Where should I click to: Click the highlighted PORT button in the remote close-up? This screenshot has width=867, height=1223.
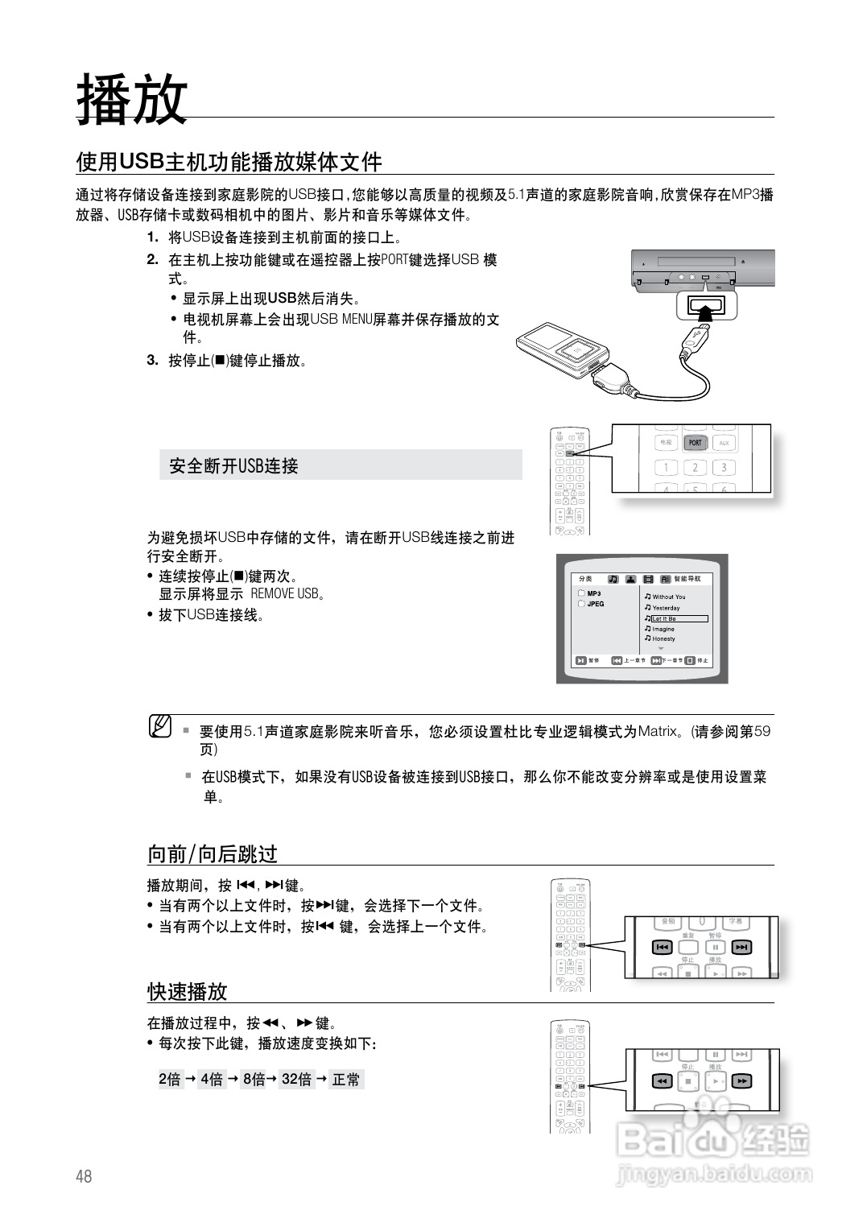pyautogui.click(x=695, y=443)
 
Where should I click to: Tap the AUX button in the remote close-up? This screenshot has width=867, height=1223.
pyautogui.click(x=724, y=443)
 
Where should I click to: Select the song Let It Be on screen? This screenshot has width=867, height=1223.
pyautogui.click(x=679, y=618)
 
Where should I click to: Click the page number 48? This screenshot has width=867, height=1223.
pyautogui.click(x=84, y=1176)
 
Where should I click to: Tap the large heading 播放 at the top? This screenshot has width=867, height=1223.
pyautogui.click(x=132, y=99)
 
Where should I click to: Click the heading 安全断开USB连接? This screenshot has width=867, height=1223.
pyautogui.click(x=233, y=466)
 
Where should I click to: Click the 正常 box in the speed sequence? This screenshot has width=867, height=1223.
pyautogui.click(x=346, y=1080)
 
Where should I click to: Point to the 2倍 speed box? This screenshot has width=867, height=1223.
pyautogui.click(x=170, y=1080)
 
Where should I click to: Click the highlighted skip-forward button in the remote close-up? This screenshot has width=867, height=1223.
pyautogui.click(x=741, y=948)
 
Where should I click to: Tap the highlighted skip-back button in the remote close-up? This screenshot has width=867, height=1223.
pyautogui.click(x=662, y=948)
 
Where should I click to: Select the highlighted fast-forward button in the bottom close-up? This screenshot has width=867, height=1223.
pyautogui.click(x=741, y=1081)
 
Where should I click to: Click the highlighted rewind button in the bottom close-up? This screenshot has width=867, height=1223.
pyautogui.click(x=662, y=1081)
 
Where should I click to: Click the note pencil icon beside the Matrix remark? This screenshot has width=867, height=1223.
pyautogui.click(x=160, y=726)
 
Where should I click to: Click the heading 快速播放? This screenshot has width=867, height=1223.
pyautogui.click(x=188, y=991)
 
